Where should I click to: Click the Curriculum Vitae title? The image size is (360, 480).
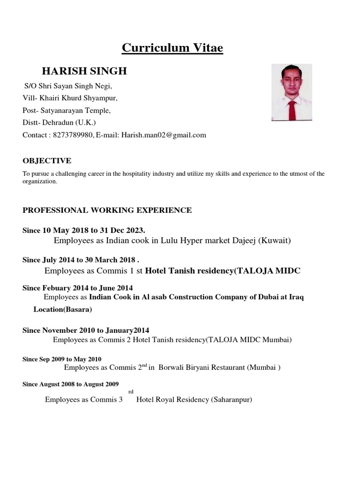pos(172,48)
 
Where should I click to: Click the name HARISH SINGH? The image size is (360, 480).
pos(84,71)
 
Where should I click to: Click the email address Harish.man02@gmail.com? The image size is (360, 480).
pos(164,135)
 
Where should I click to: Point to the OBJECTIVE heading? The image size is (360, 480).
pos(47,161)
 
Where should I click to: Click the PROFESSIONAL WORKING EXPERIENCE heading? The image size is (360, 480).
pos(107,210)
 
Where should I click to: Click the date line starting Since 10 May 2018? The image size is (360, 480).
pos(84,230)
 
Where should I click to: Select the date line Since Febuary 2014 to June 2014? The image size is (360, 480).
pos(77,287)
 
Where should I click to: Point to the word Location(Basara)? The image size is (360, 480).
pos(63,310)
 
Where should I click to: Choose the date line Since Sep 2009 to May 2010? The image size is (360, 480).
pos(62,359)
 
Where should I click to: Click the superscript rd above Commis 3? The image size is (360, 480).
pos(130,391)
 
